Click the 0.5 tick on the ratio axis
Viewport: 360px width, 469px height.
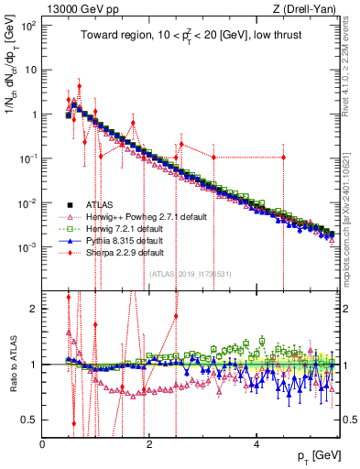(x=30, y=420)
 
